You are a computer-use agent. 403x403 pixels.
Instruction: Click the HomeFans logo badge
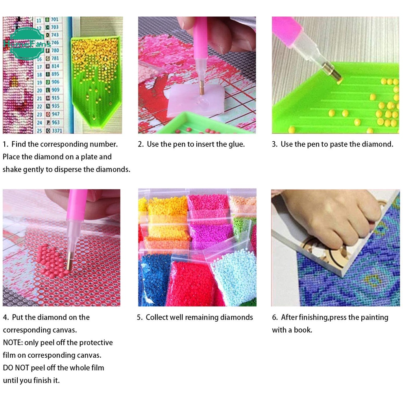(26, 43)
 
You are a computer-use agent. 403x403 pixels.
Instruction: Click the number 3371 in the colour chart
(57, 130)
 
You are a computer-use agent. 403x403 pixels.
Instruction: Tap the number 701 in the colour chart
(55, 19)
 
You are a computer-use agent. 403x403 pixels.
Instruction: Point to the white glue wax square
(195, 99)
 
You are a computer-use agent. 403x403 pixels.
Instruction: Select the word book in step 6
(303, 330)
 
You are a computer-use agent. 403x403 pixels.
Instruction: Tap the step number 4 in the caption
(6, 318)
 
